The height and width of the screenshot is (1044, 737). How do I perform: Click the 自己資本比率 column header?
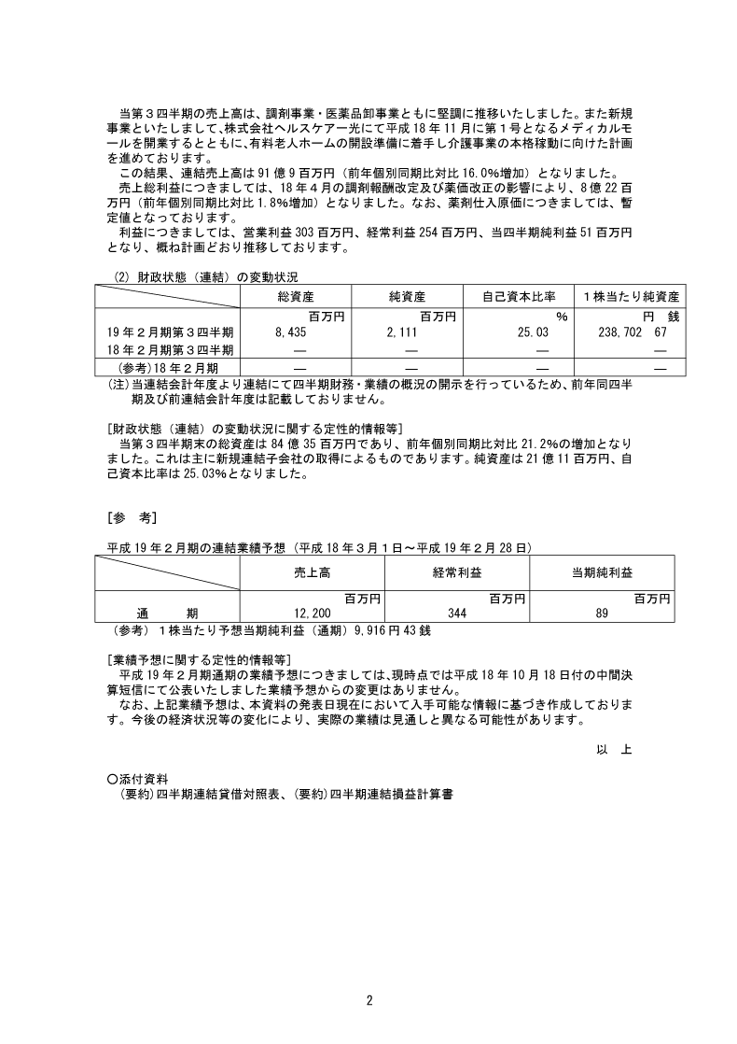click(x=518, y=296)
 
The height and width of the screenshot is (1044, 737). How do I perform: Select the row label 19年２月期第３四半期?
click(x=171, y=332)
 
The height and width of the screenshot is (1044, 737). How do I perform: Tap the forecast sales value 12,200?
click(x=313, y=613)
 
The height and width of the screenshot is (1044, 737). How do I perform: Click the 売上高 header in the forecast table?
click(x=312, y=572)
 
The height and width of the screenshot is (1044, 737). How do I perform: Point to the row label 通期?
click(x=168, y=613)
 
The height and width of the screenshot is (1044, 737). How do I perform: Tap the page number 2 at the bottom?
click(x=369, y=1001)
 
